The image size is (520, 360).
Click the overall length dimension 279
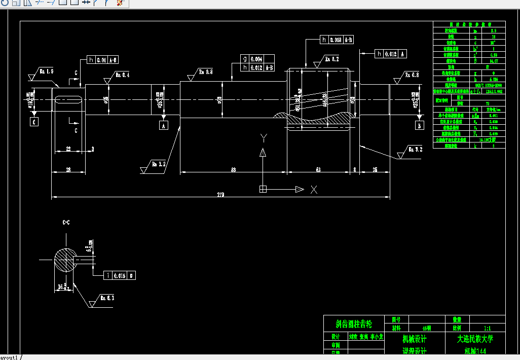(220, 194)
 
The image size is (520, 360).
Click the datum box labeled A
(163, 125)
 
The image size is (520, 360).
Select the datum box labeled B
(419, 125)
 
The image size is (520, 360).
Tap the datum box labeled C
(34, 122)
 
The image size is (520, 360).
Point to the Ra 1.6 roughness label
(46, 71)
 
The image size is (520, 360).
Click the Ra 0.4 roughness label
(123, 75)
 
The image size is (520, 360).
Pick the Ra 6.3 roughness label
(107, 298)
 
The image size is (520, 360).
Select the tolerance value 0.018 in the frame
(336, 40)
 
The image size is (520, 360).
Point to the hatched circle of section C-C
(66, 261)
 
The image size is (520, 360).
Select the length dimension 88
(233, 170)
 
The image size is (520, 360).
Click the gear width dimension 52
(318, 170)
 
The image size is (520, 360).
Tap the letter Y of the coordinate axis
(263, 138)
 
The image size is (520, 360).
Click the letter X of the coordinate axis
(314, 190)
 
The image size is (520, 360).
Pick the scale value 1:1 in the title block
(488, 329)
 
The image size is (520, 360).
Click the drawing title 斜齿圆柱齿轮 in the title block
(354, 323)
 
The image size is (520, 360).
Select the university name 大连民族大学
(475, 339)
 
